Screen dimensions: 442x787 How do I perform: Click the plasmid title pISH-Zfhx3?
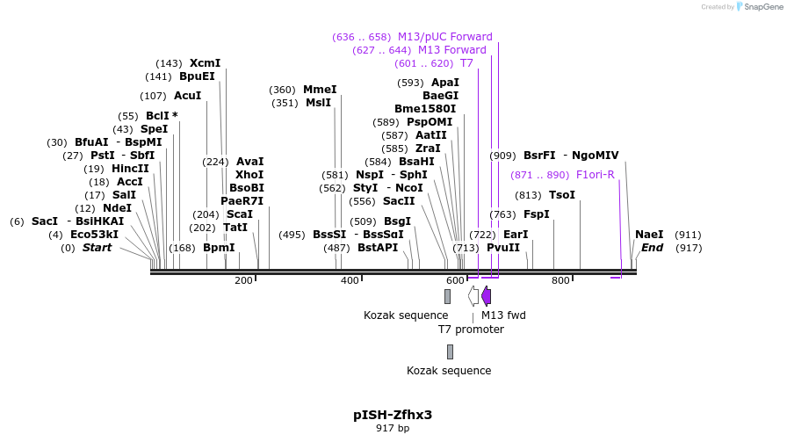(393, 415)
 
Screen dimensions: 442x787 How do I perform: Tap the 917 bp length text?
(393, 429)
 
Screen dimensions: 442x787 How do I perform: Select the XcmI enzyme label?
(205, 63)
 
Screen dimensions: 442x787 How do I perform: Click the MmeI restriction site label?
(320, 90)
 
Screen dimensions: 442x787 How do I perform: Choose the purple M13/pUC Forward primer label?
(444, 37)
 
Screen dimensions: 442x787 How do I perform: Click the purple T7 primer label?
(466, 63)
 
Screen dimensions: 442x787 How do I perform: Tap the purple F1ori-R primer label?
(596, 175)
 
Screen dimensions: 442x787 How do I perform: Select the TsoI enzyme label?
(562, 195)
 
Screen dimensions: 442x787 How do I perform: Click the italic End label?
(652, 248)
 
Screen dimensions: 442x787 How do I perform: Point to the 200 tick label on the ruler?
(243, 280)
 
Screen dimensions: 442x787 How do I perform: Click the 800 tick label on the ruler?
(560, 280)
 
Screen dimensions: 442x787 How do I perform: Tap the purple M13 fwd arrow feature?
(486, 296)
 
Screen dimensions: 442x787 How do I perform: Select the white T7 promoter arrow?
(473, 296)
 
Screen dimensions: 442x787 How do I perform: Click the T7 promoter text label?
(471, 330)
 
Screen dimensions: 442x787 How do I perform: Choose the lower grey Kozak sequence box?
(450, 351)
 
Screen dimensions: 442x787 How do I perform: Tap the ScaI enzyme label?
(239, 214)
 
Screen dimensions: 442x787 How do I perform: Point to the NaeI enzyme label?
(649, 235)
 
